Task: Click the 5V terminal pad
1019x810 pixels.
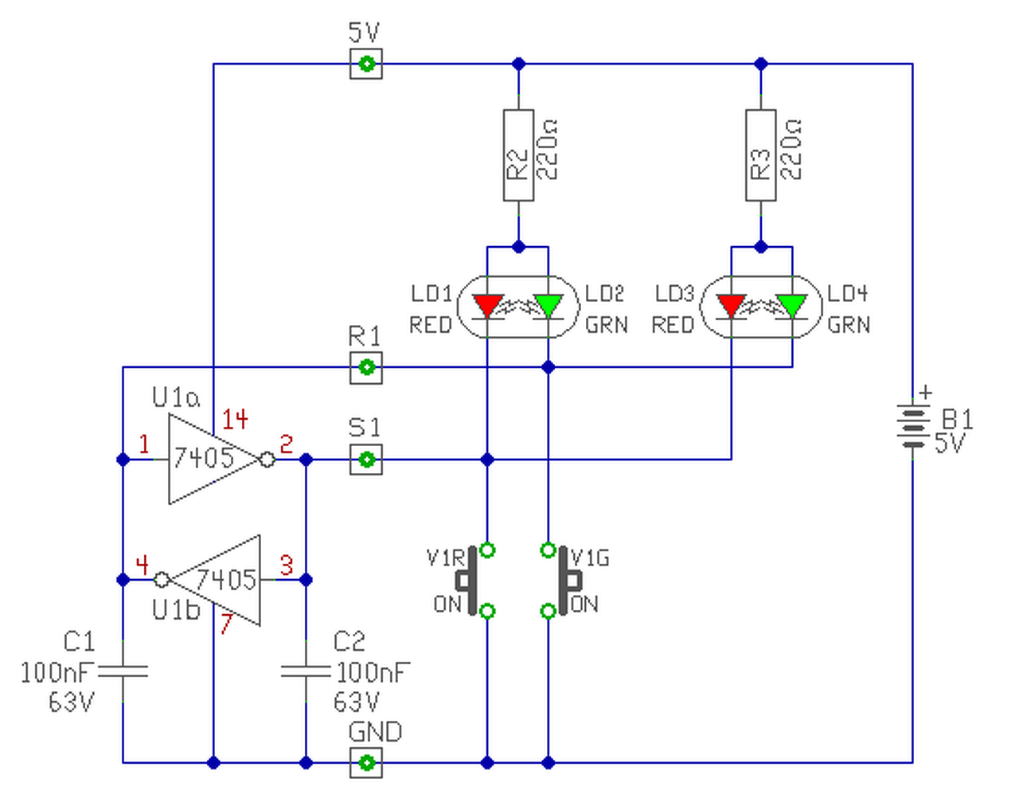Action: point(366,64)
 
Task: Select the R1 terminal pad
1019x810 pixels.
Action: point(366,367)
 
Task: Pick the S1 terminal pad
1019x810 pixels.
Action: point(366,459)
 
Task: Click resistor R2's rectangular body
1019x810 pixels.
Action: point(518,155)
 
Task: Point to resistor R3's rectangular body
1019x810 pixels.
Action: point(760,155)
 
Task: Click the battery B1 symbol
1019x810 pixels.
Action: point(912,427)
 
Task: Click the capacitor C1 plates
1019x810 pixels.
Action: point(123,671)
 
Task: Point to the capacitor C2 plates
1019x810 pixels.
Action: point(306,671)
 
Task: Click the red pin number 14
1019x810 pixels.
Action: point(235,419)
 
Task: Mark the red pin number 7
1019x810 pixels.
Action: point(226,624)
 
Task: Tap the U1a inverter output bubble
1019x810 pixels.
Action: point(267,460)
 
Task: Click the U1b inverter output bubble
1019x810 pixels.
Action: point(162,580)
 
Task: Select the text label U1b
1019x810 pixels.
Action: point(176,610)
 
